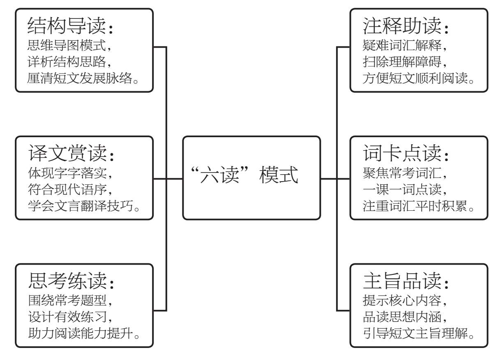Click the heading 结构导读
click(67, 26)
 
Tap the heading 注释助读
click(402, 26)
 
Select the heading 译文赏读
click(67, 153)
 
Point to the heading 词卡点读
click(402, 153)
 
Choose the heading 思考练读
click(67, 281)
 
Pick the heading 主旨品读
click(402, 281)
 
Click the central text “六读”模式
click(245, 175)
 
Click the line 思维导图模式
click(67, 45)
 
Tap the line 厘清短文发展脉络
click(79, 78)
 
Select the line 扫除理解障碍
click(402, 62)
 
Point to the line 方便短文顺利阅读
click(415, 78)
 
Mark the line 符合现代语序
click(67, 189)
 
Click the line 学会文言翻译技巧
click(81, 206)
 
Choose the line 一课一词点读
click(402, 189)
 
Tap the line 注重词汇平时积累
click(415, 206)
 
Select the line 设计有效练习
click(67, 317)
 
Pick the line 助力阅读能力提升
click(81, 333)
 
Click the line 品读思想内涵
click(402, 317)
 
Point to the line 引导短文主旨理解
click(415, 333)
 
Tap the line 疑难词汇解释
click(402, 45)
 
